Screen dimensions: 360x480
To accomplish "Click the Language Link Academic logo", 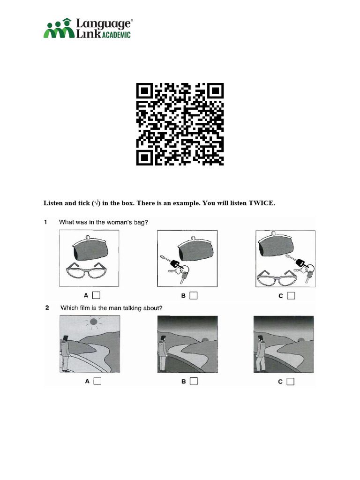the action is click(x=88, y=28).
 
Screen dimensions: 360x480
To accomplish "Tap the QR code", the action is click(x=180, y=124).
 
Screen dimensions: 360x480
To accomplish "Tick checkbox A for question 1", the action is click(x=96, y=295).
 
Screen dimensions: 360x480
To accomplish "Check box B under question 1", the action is click(x=194, y=295).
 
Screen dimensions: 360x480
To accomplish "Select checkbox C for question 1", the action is click(x=291, y=296).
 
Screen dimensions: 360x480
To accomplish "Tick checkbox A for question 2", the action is click(x=97, y=381).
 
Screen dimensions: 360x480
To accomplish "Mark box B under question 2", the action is click(x=194, y=381).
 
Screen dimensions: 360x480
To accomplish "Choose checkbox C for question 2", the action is click(x=290, y=382).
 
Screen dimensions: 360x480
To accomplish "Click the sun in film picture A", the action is click(x=94, y=322).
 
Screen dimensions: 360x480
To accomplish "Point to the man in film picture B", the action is click(x=163, y=353).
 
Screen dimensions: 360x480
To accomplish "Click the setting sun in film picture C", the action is click(x=301, y=340).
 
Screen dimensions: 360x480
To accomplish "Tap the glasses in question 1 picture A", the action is click(x=87, y=270).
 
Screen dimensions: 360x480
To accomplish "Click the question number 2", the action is click(x=47, y=307).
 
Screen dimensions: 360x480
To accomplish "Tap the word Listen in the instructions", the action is click(x=53, y=203).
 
